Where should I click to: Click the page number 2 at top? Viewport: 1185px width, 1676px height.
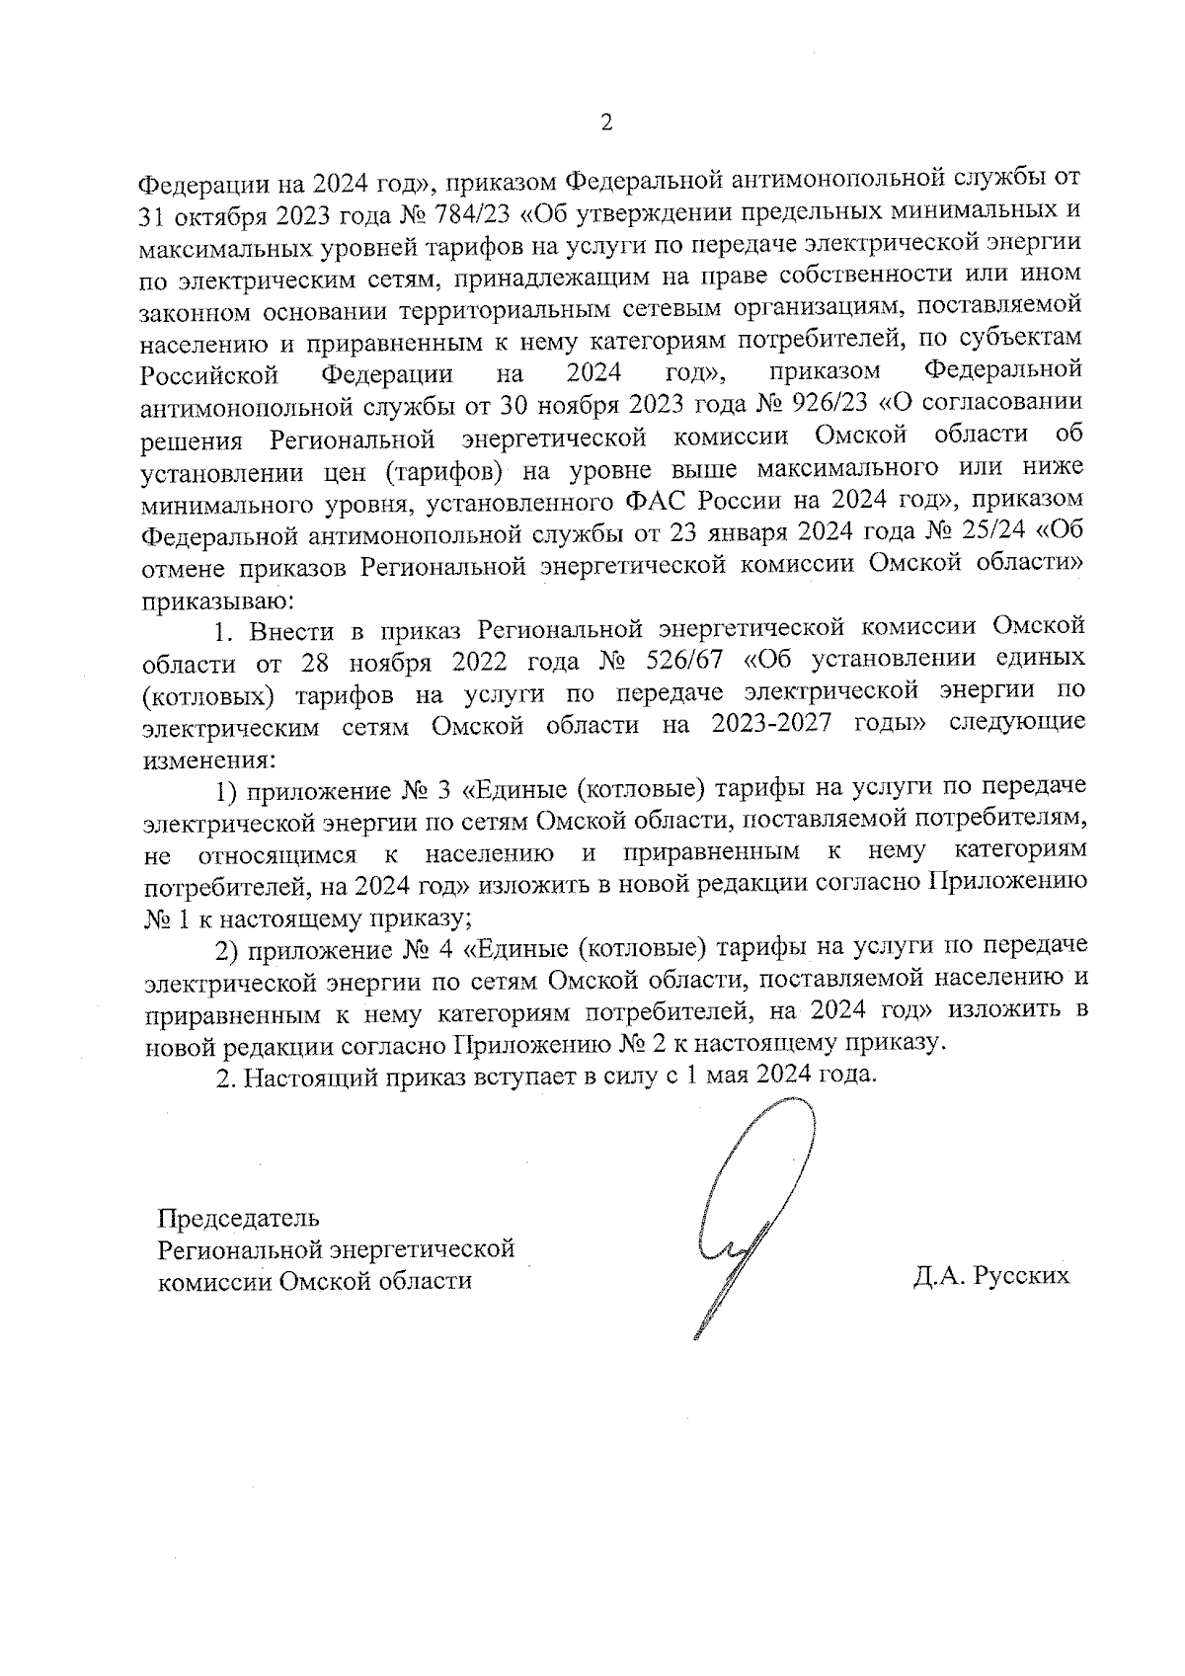coord(606,123)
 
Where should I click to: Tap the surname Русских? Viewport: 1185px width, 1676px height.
coord(1021,1275)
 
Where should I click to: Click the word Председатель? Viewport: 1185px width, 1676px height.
coord(239,1217)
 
